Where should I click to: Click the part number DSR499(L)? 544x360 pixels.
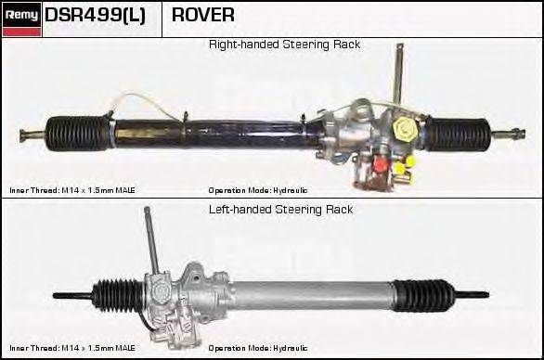click(x=95, y=16)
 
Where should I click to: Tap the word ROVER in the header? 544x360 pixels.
click(x=203, y=16)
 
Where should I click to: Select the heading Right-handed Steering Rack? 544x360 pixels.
click(x=284, y=45)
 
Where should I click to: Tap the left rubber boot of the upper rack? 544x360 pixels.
click(x=78, y=133)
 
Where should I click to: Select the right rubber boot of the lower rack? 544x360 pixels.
click(x=422, y=296)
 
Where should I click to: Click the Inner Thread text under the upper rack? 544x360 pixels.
click(x=72, y=189)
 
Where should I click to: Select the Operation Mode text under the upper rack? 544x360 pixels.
click(x=257, y=189)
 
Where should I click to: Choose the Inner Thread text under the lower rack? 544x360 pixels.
click(x=72, y=349)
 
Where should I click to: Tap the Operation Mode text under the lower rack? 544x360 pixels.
click(x=257, y=349)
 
